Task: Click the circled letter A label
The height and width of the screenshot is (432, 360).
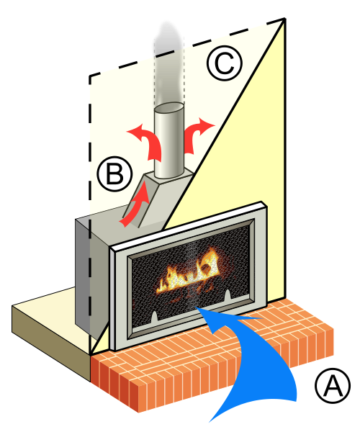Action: [333, 385]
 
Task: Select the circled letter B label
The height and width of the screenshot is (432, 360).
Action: [115, 174]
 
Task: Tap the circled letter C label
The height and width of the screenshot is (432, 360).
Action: [225, 63]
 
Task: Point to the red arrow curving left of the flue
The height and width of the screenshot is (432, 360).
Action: [150, 142]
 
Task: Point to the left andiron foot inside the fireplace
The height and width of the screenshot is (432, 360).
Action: [155, 317]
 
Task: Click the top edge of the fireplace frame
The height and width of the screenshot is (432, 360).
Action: [188, 225]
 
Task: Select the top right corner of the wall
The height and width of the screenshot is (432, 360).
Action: [285, 19]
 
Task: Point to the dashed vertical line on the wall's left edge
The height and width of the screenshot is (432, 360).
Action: [90, 212]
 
